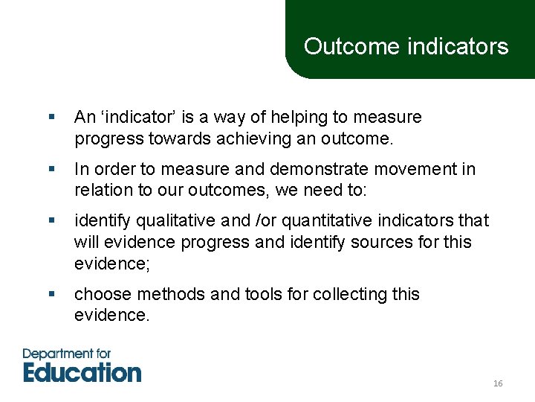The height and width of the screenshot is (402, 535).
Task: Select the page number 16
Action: pos(498,383)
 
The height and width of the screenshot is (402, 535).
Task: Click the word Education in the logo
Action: pos(82,371)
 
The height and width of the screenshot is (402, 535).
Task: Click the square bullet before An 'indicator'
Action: pos(51,118)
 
